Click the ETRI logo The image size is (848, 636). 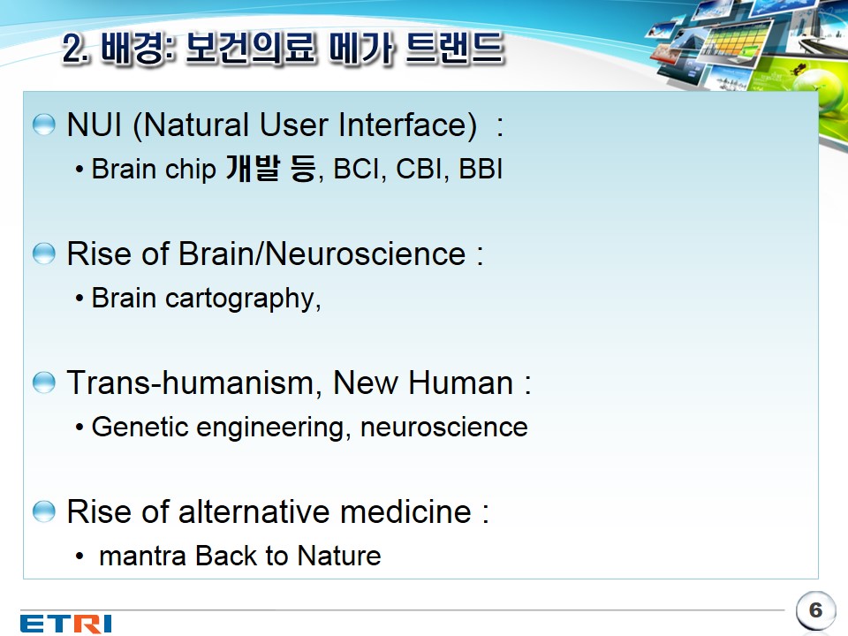pyautogui.click(x=66, y=623)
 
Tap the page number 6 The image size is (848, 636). pyautogui.click(x=815, y=610)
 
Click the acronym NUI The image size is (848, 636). pyautogui.click(x=95, y=125)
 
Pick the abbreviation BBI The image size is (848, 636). pyautogui.click(x=481, y=169)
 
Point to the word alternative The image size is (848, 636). pyautogui.click(x=254, y=511)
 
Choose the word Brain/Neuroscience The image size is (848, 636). pyautogui.click(x=322, y=254)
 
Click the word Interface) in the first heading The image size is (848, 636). pyautogui.click(x=408, y=125)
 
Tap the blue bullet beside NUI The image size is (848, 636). pyautogui.click(x=44, y=125)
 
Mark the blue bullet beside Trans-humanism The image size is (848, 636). pyautogui.click(x=44, y=382)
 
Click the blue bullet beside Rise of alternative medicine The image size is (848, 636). pyautogui.click(x=44, y=511)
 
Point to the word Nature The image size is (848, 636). pyautogui.click(x=339, y=556)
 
